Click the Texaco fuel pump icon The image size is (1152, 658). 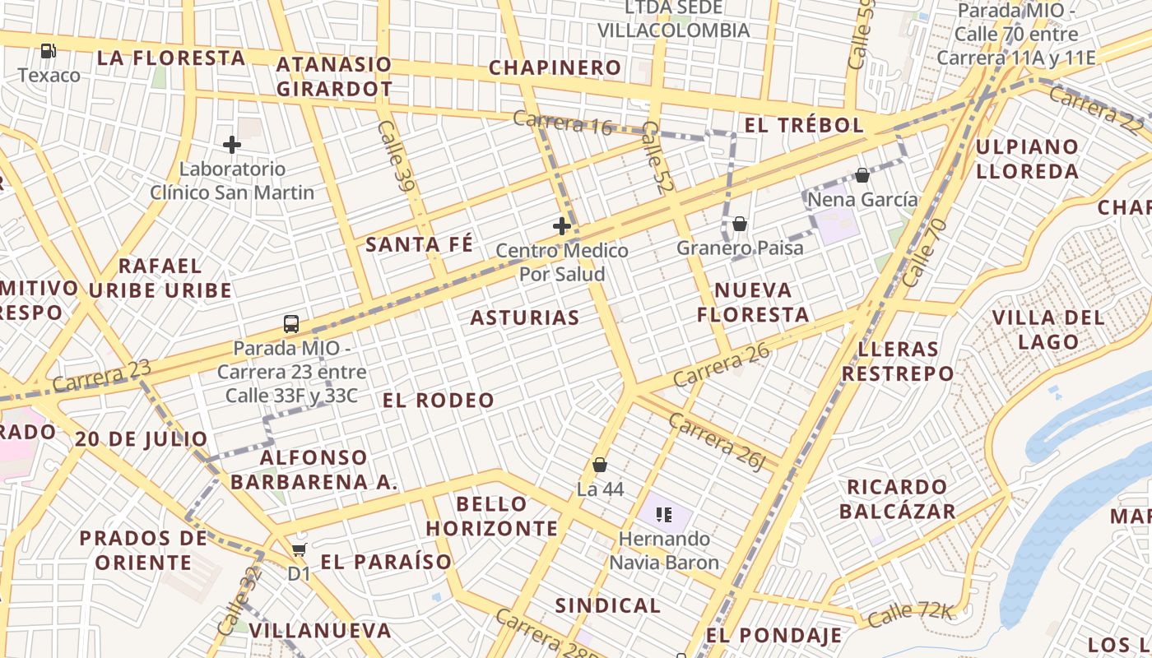click(49, 51)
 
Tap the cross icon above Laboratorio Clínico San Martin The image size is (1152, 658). click(232, 145)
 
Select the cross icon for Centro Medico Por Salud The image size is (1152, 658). click(562, 225)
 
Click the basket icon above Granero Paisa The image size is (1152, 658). click(740, 223)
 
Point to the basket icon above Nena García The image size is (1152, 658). click(862, 175)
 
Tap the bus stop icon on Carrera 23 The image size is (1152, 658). click(290, 323)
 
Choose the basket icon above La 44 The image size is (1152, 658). click(601, 465)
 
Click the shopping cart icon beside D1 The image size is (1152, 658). click(300, 549)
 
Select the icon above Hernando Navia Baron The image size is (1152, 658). click(665, 516)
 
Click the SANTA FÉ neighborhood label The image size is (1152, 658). click(420, 244)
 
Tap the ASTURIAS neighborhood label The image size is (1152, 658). click(525, 317)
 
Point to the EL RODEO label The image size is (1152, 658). click(439, 401)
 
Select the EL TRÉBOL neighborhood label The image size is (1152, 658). click(804, 125)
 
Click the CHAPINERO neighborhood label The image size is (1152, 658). click(555, 67)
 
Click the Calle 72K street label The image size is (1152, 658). click(909, 612)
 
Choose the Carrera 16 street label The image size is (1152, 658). click(563, 122)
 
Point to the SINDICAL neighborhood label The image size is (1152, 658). click(608, 606)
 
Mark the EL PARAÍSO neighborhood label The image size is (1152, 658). click(386, 562)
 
